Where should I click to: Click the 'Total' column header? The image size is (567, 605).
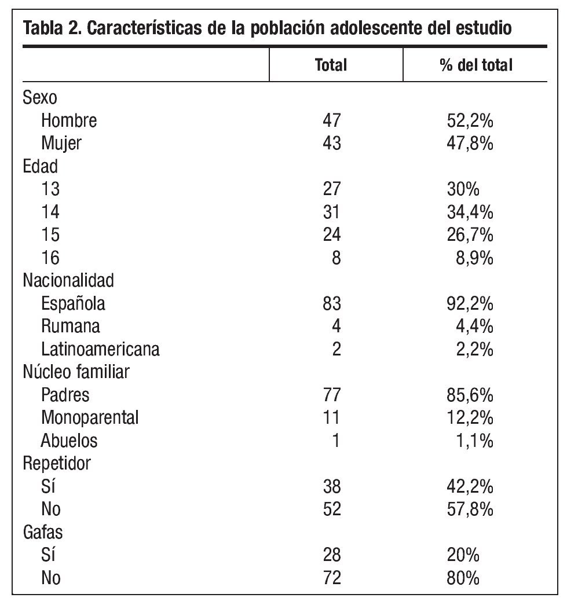[x=331, y=65]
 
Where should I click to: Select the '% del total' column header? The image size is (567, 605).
[x=475, y=65]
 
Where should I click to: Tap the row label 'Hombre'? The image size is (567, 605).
[x=69, y=120]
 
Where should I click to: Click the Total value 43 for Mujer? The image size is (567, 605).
[x=332, y=143]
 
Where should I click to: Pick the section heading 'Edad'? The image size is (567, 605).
[x=40, y=166]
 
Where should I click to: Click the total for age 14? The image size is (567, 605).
[x=332, y=212]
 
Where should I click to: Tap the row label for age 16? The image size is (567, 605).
[x=50, y=258]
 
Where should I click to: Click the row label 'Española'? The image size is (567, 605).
[x=73, y=303]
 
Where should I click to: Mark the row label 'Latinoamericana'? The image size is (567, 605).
[x=100, y=349]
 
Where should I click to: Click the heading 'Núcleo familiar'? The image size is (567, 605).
[x=75, y=372]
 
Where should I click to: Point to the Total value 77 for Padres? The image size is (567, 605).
[x=332, y=395]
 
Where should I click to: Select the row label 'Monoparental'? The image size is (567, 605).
[x=90, y=417]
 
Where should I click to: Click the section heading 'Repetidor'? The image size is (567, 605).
[x=56, y=463]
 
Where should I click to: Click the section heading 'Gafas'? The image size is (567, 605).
[x=42, y=532]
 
